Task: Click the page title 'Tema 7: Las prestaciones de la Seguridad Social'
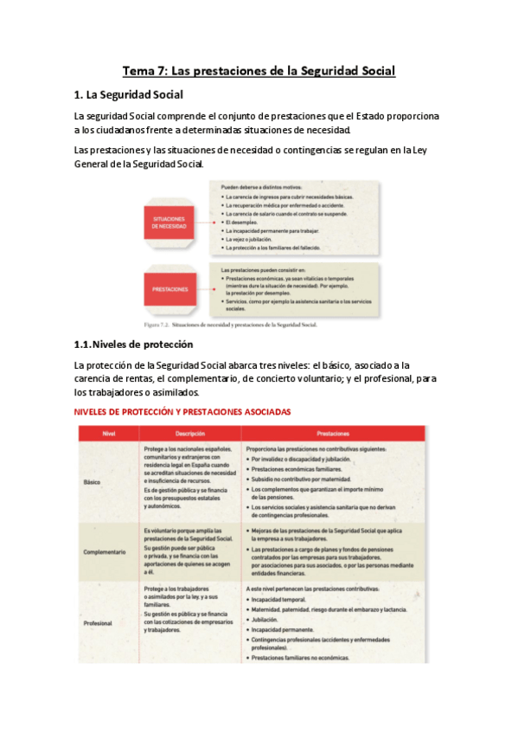coord(259,71)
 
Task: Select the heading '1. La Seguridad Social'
coord(129,94)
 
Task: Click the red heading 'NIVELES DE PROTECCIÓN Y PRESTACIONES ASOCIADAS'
coord(182,411)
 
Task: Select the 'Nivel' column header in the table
coord(109,432)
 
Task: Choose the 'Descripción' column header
coord(189,432)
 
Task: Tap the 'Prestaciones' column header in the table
coord(333,432)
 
